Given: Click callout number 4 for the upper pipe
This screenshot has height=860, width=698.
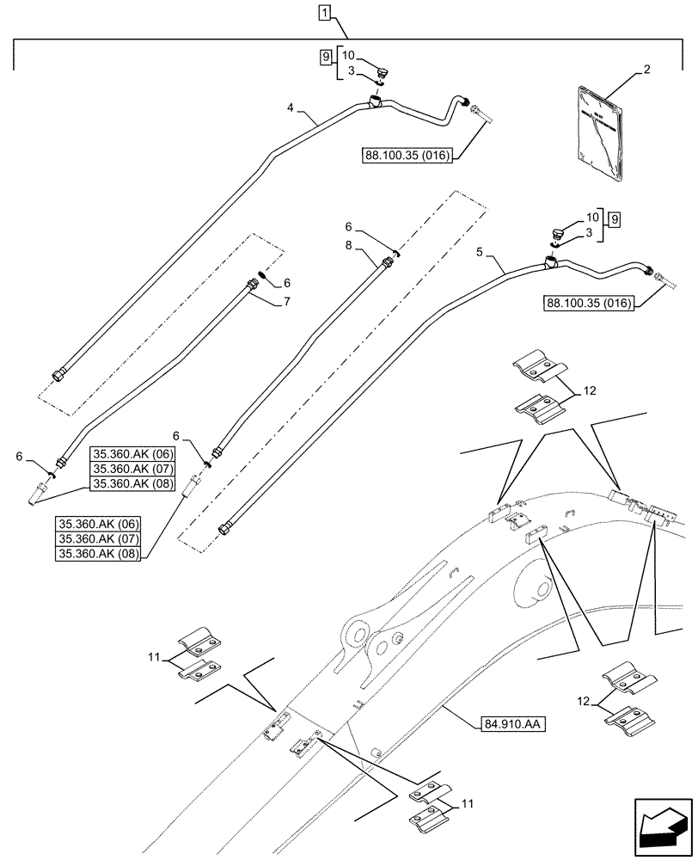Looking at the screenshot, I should point(291,109).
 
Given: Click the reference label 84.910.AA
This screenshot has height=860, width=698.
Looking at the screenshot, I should point(509,724).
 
